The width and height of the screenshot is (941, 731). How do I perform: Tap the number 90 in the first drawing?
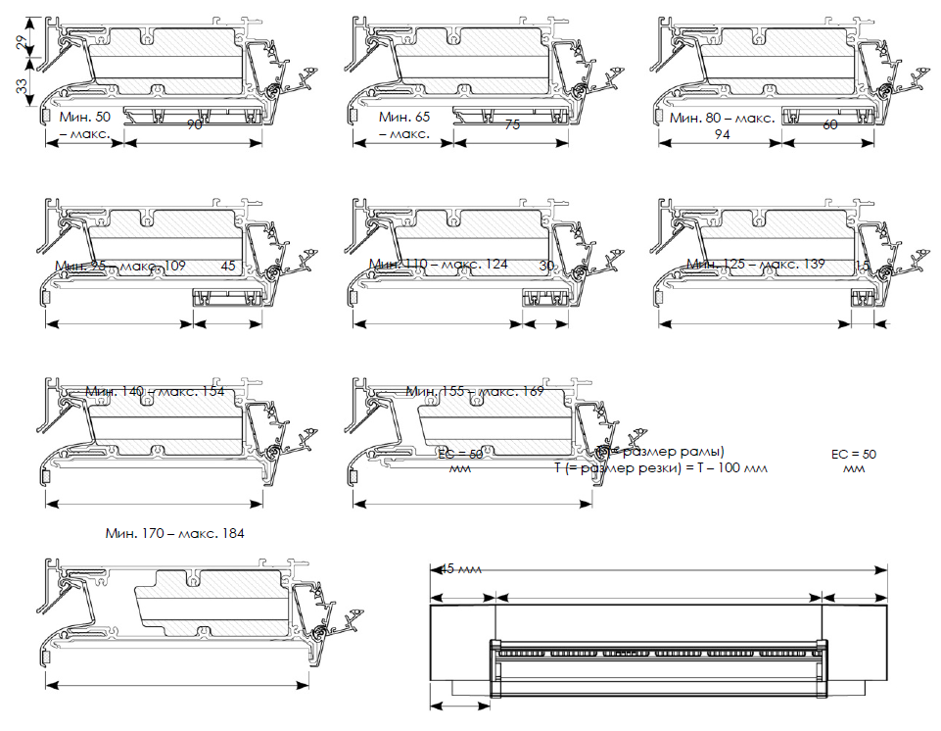pyautogui.click(x=195, y=125)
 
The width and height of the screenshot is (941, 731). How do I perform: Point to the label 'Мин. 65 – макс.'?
pyautogui.click(x=404, y=124)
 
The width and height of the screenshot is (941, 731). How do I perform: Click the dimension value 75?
pyautogui.click(x=512, y=125)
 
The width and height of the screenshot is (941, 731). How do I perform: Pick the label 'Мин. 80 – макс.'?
pyautogui.click(x=723, y=118)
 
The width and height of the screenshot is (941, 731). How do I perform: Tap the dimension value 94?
pyautogui.click(x=722, y=134)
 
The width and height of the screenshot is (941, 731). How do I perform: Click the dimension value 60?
pyautogui.click(x=830, y=125)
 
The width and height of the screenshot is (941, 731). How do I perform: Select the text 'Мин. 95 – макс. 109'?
pyautogui.click(x=120, y=266)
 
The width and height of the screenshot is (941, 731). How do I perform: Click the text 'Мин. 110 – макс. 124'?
pyautogui.click(x=439, y=265)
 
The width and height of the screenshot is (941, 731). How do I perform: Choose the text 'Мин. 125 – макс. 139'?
pyautogui.click(x=756, y=265)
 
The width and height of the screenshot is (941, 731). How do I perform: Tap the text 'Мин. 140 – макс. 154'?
pyautogui.click(x=155, y=392)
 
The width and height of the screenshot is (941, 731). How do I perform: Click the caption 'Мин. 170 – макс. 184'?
pyautogui.click(x=174, y=534)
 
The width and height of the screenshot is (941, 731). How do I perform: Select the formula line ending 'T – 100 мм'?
pyautogui.click(x=661, y=468)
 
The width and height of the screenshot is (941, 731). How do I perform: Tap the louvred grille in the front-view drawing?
pyautogui.click(x=659, y=667)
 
